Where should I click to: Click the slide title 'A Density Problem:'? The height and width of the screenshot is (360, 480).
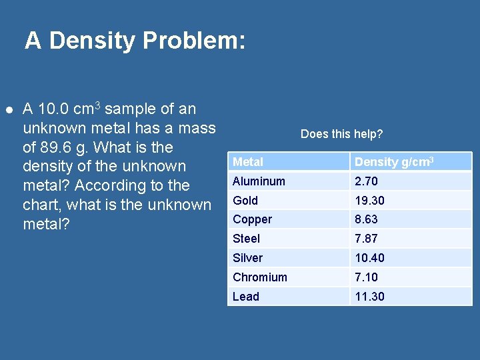tap(135, 41)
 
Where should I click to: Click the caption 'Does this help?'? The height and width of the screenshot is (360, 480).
tap(341, 134)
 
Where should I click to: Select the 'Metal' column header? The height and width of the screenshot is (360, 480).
tap(248, 162)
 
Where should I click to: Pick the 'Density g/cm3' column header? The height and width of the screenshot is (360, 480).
tap(394, 162)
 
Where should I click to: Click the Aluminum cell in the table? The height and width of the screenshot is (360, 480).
tap(259, 181)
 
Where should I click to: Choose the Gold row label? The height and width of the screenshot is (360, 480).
tap(245, 201)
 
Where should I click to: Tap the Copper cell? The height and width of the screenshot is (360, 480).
tap(252, 219)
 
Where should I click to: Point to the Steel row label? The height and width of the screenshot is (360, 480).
tap(246, 239)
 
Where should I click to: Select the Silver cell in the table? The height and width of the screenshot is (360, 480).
tap(247, 258)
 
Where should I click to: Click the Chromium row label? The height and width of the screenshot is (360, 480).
tap(260, 277)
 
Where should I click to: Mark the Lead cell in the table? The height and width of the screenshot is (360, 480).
tap(245, 297)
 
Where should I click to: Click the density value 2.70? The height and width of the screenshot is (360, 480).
tap(367, 181)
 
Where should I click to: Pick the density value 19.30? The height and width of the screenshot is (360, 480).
tap(369, 201)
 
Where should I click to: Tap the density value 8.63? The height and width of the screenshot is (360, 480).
tap(367, 219)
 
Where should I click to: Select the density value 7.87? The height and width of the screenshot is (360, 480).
tap(367, 239)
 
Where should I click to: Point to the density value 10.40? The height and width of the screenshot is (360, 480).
tap(369, 258)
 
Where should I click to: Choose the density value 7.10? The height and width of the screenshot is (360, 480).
tap(367, 277)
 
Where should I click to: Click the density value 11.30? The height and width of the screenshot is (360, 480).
tap(369, 297)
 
